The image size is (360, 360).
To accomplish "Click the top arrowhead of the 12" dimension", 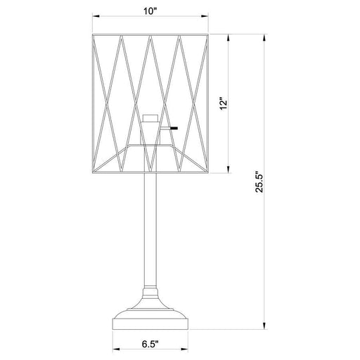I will click(227, 35).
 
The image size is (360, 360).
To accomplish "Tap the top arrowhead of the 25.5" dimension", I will click(265, 35).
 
